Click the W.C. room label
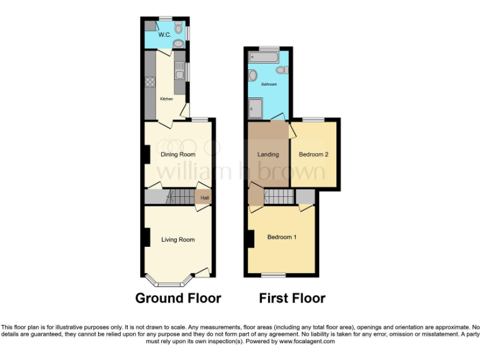pos(164,35)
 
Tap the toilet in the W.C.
pos(178,44)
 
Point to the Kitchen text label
pos(166,99)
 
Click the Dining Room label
pos(178,154)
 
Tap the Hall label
pos(204,198)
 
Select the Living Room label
pos(178,239)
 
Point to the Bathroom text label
pos(269,84)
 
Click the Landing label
pos(268,154)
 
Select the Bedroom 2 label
pos(313,154)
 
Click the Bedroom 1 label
pos(282,237)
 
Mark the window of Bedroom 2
pos(314,119)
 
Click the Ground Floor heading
pos(178,298)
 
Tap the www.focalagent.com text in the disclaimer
pos(307,341)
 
